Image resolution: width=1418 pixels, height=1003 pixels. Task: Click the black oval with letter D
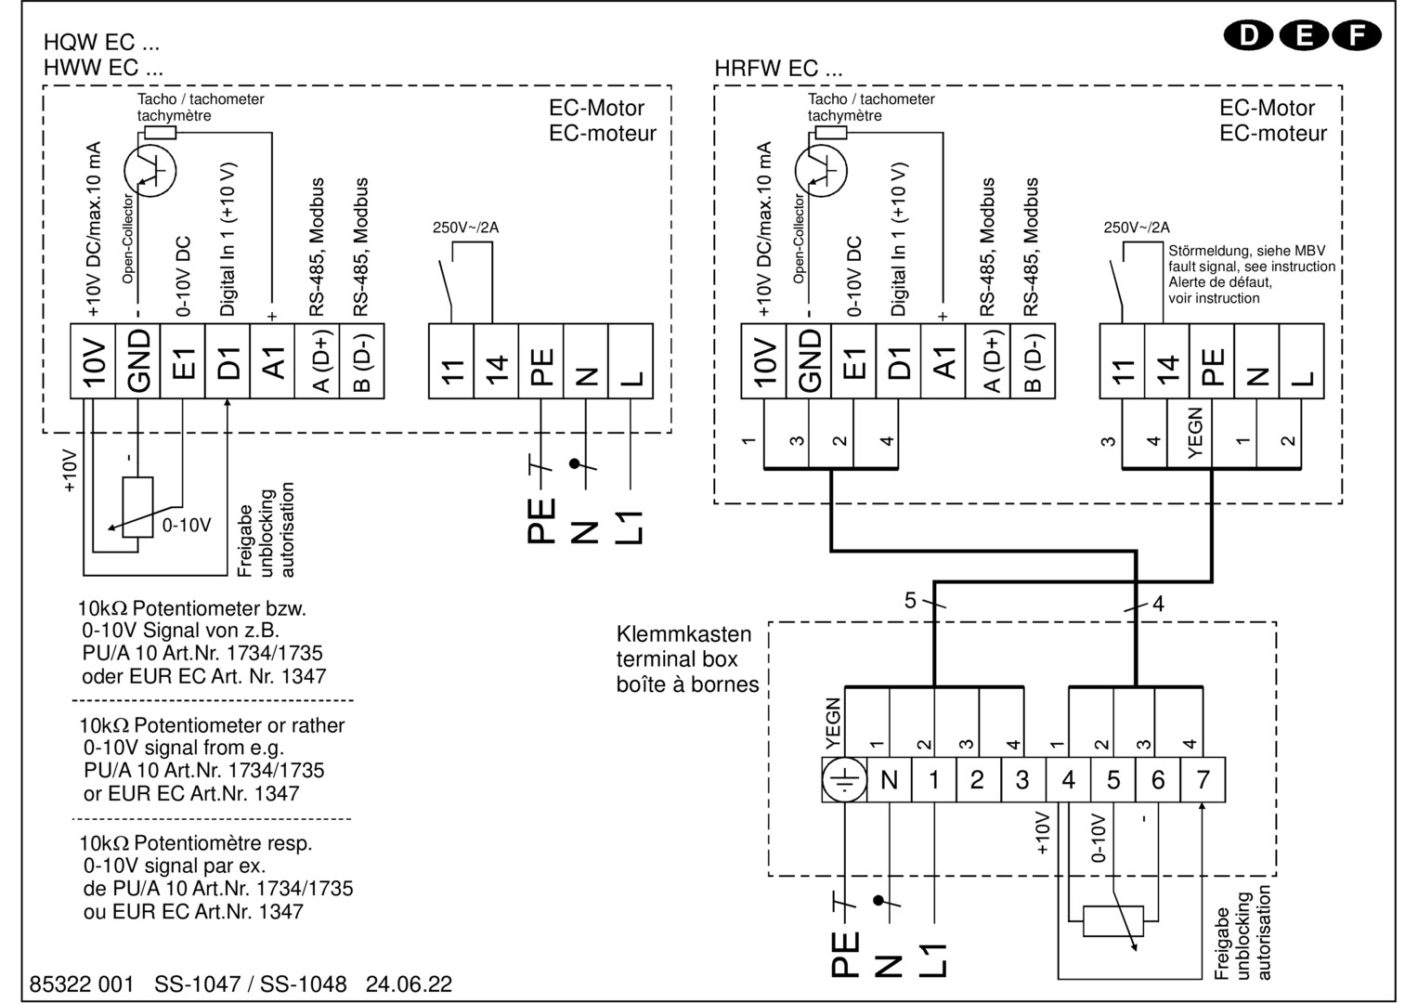tap(1248, 35)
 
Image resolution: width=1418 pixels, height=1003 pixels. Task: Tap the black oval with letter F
tap(1357, 35)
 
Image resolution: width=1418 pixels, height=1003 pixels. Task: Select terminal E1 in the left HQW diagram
tap(182, 361)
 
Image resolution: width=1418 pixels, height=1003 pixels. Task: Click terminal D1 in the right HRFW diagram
tap(898, 361)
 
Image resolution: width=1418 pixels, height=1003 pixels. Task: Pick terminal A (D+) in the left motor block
tap(318, 361)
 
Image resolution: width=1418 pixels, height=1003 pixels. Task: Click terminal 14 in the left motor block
tap(496, 361)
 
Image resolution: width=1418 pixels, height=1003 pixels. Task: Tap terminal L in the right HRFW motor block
tap(1302, 361)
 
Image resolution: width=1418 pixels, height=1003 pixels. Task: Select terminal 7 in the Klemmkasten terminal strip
tap(1203, 780)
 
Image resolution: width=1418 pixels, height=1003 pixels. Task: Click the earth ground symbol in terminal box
tap(844, 780)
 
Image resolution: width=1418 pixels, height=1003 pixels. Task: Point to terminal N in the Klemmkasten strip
tap(890, 780)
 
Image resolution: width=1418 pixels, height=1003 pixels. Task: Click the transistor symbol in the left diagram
tap(150, 170)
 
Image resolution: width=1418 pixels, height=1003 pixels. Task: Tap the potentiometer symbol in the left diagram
tap(137, 507)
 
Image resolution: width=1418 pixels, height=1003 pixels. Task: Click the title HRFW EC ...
tap(778, 68)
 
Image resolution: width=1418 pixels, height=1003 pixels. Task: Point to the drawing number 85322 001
tap(82, 983)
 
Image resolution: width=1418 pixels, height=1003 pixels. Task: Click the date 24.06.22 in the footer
tap(409, 983)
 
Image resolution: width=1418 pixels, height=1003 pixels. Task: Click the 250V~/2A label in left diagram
tap(465, 228)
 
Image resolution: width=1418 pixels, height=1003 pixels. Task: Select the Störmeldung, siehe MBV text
tap(1246, 251)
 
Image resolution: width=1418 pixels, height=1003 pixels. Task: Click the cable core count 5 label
tap(910, 600)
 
